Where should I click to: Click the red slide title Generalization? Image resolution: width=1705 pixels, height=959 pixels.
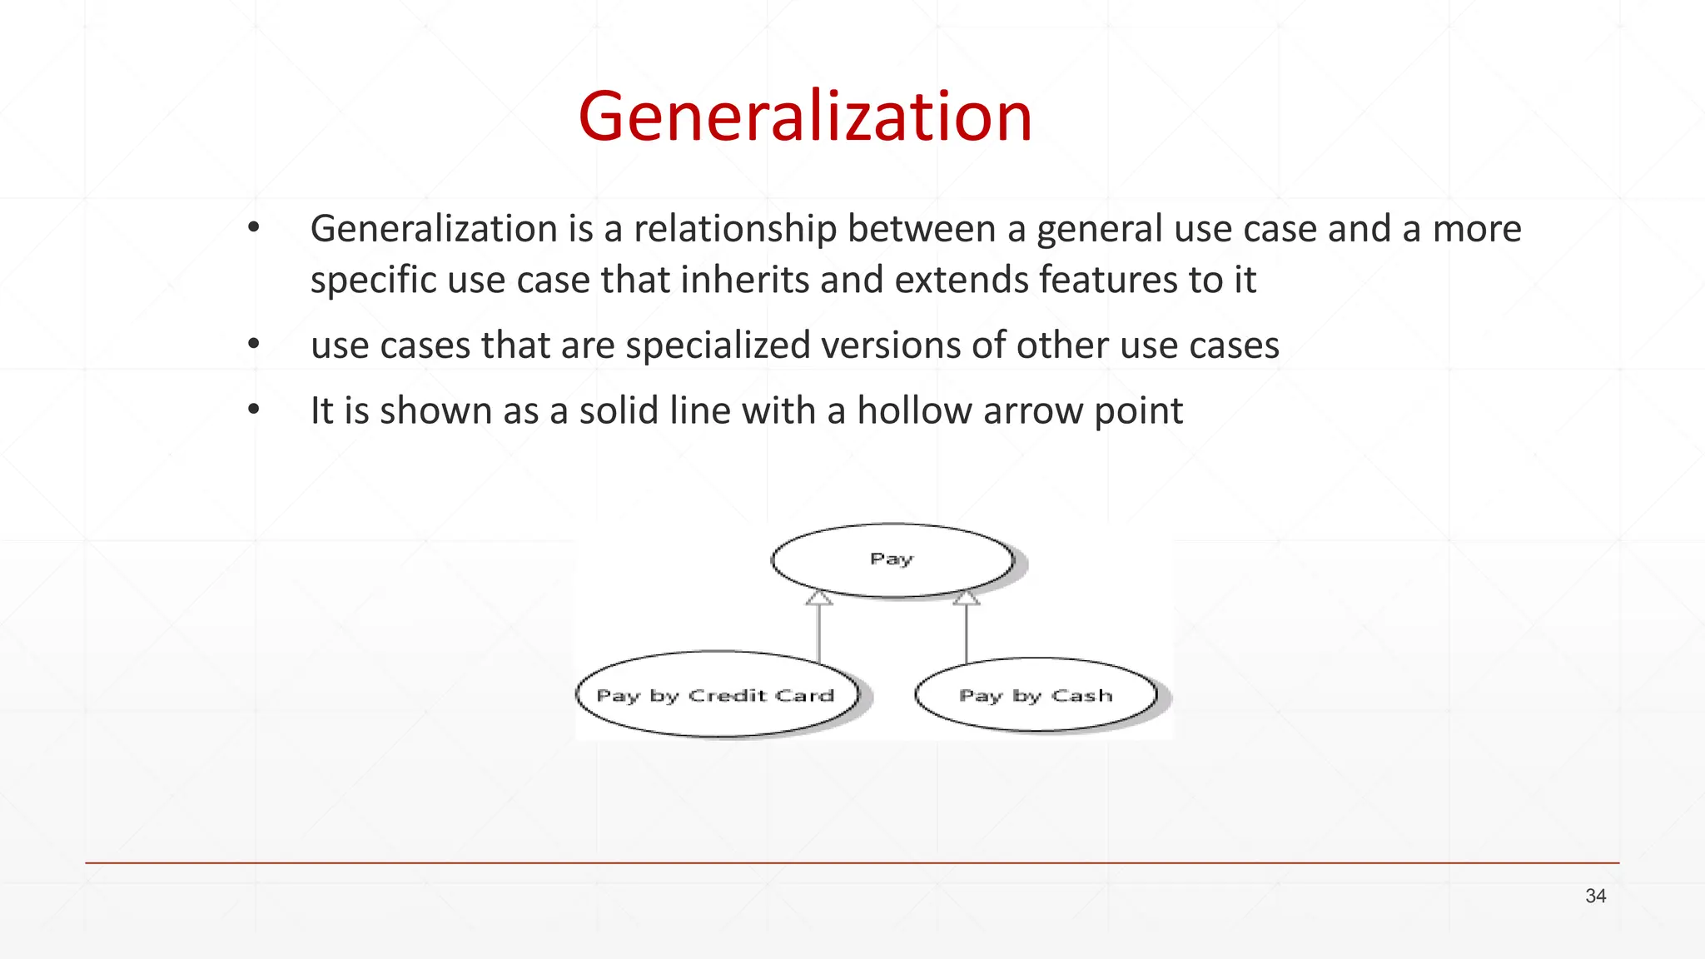(805, 117)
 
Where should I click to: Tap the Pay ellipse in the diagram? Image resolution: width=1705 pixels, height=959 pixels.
(892, 559)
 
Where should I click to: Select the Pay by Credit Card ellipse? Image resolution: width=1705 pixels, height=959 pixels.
(716, 695)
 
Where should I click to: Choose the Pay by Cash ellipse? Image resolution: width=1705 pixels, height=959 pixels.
(1036, 695)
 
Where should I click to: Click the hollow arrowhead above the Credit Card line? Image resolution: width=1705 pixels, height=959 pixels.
(819, 598)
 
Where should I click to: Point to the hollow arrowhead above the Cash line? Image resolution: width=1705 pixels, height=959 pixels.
(967, 597)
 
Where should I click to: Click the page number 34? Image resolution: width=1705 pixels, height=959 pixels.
(1595, 896)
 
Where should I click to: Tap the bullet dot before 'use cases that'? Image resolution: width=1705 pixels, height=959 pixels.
(254, 343)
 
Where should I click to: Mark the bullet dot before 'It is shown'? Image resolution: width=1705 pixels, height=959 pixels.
(254, 409)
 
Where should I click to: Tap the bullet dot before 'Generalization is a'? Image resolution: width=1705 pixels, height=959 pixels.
(254, 226)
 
